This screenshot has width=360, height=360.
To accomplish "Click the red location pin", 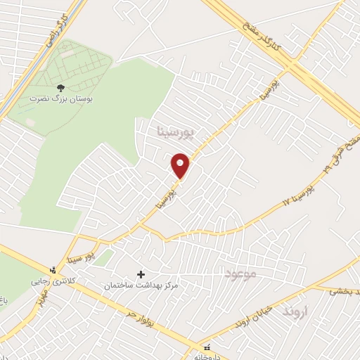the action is [181, 165].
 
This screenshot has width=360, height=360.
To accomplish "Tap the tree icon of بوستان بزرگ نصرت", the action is [60, 89].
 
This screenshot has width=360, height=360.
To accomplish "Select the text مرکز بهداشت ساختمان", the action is [141, 285].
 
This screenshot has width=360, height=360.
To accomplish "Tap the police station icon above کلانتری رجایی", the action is [51, 269].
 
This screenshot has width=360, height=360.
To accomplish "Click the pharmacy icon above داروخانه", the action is [207, 347].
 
